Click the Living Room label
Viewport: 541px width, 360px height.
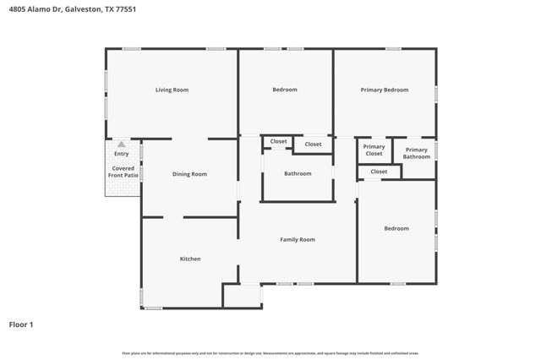point(172,90)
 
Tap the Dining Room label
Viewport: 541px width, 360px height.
point(189,174)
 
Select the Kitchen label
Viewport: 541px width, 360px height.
point(190,259)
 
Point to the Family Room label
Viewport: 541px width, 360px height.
point(298,240)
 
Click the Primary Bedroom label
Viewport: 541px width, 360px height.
point(385,90)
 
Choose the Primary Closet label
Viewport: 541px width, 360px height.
point(374,150)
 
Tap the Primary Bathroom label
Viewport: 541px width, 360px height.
point(416,153)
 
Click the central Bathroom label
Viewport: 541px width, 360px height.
point(298,174)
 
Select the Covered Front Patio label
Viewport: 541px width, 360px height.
point(122,173)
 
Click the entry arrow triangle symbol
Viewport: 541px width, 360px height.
point(122,145)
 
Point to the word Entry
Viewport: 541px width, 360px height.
point(122,154)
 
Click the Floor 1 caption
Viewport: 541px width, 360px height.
point(21,324)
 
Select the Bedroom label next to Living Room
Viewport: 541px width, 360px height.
point(284,90)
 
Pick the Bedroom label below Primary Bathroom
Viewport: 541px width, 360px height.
point(396,228)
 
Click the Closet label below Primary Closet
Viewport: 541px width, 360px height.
point(379,172)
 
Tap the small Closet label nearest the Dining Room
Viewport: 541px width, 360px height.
point(278,141)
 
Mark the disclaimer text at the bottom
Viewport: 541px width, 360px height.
point(270,353)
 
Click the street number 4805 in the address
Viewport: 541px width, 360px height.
point(18,9)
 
